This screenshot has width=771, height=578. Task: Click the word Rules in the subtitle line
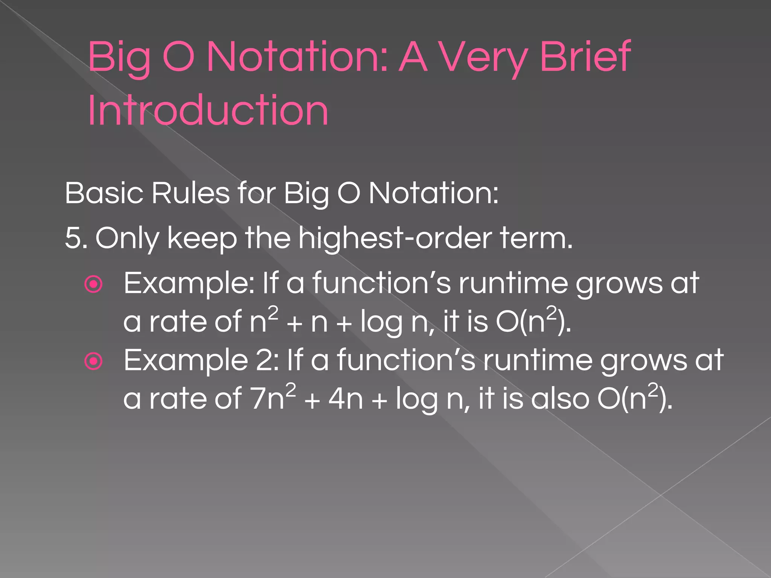190,193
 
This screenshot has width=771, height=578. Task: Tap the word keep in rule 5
202,238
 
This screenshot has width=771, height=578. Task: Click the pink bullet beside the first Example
94,284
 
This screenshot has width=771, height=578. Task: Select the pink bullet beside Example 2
94,362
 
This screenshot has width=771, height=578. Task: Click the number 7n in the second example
268,399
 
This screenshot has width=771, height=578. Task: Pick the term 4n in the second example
346,399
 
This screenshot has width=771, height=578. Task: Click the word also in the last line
560,399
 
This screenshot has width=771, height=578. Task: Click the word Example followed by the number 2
186,360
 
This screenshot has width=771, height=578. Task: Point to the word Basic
104,193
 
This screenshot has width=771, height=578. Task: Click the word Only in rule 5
127,238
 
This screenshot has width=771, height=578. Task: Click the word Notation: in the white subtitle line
433,193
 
